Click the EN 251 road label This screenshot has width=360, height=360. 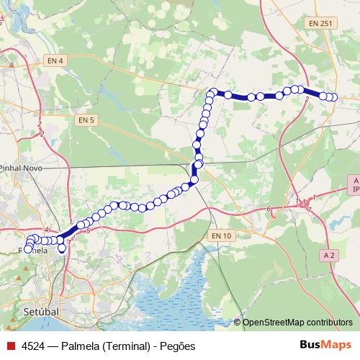[318, 23]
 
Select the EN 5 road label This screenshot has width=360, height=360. [87, 120]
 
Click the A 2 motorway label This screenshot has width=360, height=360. [330, 255]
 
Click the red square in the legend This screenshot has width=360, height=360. [9, 346]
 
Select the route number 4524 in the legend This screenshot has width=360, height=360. [34, 346]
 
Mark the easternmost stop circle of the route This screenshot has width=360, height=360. [333, 97]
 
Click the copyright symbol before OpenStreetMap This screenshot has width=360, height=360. [238, 323]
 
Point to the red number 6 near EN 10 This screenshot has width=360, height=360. [269, 210]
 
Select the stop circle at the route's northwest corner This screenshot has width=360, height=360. [213, 92]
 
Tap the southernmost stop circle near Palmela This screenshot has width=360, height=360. [62, 249]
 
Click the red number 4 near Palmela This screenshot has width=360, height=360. [46, 230]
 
